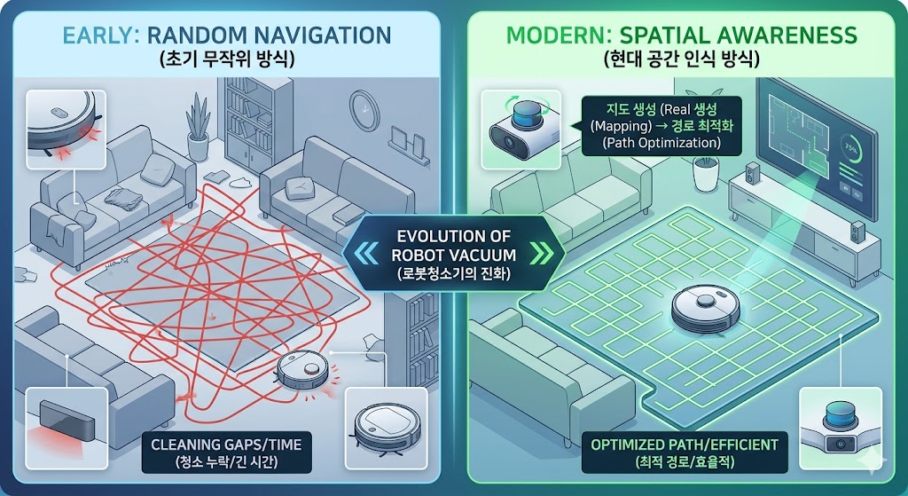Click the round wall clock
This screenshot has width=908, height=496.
[x=364, y=110]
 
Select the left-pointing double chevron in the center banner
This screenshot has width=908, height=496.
[x=365, y=254]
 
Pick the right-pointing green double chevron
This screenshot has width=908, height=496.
[x=541, y=254]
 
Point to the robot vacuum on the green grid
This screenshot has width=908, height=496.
[x=705, y=308]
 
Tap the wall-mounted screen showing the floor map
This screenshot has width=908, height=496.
[x=817, y=148]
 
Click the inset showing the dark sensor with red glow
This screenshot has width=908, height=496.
[x=67, y=429]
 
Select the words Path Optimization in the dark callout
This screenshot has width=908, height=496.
[x=661, y=143]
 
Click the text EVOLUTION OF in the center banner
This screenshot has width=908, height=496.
[x=454, y=236]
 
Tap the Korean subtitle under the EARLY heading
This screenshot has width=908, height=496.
[x=226, y=59]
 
